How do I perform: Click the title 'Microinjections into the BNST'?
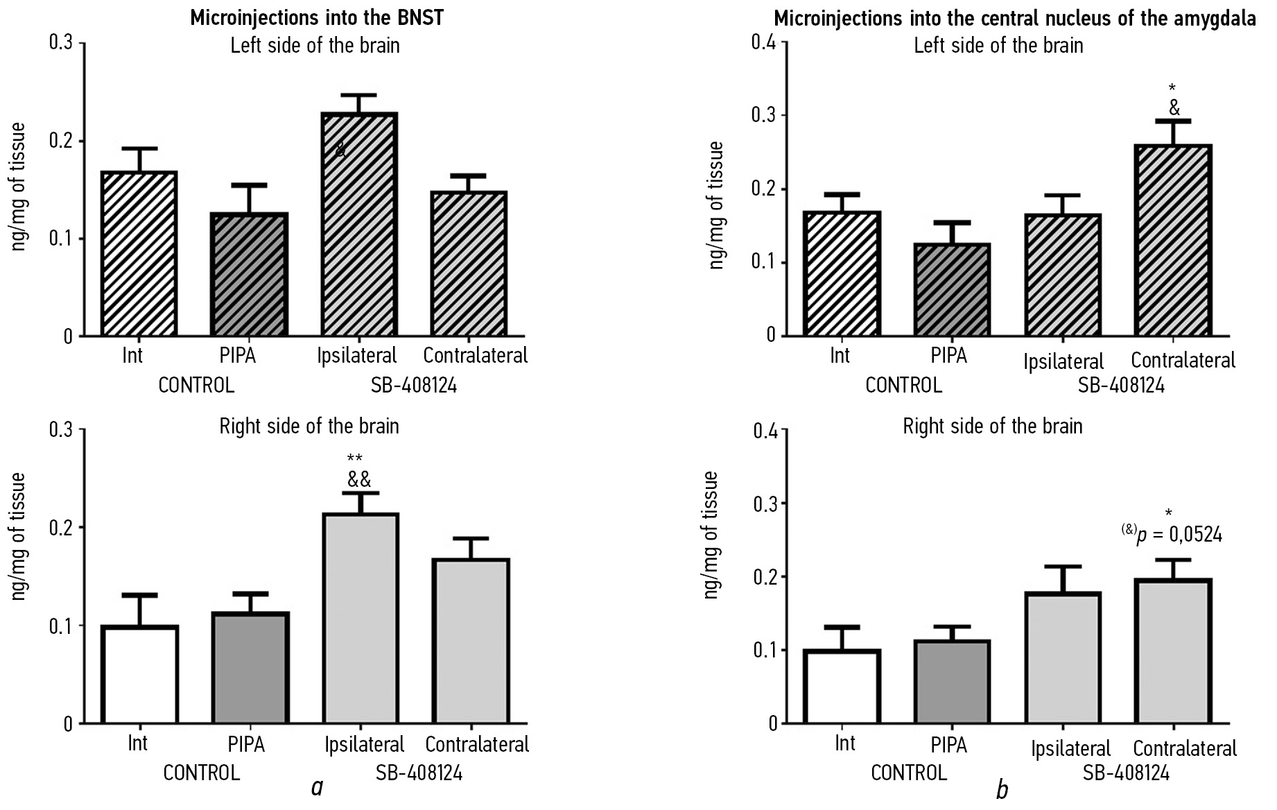click(x=317, y=18)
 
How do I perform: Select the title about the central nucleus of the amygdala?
click(x=1014, y=18)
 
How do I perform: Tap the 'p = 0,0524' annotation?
click(x=1179, y=535)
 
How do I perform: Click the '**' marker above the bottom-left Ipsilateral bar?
click(x=355, y=458)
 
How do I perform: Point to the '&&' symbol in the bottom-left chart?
click(x=359, y=479)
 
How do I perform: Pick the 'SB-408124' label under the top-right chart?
click(x=1121, y=386)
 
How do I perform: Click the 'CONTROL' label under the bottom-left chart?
click(x=201, y=773)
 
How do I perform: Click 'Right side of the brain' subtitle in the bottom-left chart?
click(x=309, y=426)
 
